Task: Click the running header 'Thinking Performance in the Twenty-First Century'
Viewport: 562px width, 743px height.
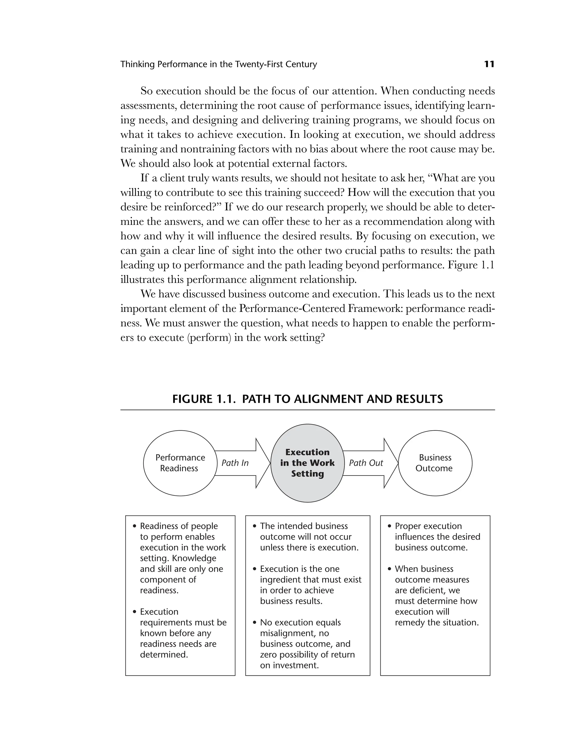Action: tap(218, 64)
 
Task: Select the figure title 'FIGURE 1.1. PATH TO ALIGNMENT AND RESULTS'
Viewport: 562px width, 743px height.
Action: tap(308, 399)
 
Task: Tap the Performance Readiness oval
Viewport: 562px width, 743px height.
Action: tap(180, 463)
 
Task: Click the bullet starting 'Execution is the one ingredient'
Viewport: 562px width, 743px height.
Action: tap(307, 585)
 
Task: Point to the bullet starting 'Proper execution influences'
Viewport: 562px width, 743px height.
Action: tap(436, 537)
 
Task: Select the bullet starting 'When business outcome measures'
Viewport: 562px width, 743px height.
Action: tap(435, 595)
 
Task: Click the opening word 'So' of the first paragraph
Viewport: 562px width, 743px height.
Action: tap(147, 91)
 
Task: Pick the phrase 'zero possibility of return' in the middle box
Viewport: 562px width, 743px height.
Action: tap(307, 654)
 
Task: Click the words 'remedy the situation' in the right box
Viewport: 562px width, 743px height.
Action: tap(436, 622)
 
